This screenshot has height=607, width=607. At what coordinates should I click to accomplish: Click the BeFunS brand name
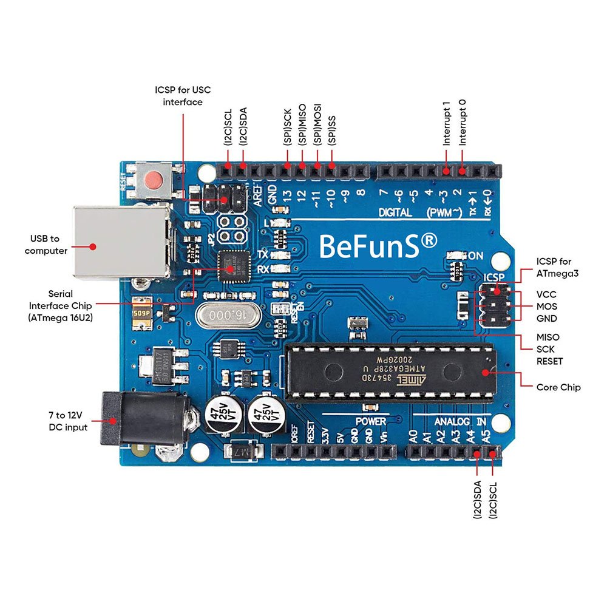[x=377, y=245]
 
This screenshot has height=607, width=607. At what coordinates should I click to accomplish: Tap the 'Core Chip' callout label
[x=558, y=387]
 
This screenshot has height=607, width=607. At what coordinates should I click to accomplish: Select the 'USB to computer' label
[x=46, y=245]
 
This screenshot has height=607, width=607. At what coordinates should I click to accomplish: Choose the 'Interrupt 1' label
[x=447, y=127]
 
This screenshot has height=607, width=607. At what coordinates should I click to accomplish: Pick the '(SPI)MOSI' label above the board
[x=317, y=127]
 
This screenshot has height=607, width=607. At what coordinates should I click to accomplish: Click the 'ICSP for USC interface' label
[x=182, y=96]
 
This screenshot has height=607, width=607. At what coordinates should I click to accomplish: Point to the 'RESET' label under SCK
[x=549, y=361]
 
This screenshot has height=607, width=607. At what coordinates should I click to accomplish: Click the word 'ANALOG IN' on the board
[x=460, y=421]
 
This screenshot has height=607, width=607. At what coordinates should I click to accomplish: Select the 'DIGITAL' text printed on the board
[x=395, y=212]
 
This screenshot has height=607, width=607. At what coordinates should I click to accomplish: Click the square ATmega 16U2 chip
[x=236, y=266]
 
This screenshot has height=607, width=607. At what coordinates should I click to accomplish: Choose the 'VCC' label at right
[x=546, y=294]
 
